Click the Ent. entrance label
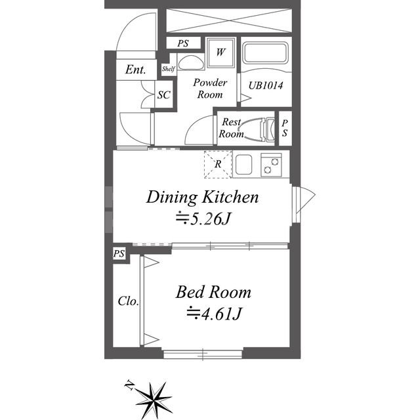(136, 70)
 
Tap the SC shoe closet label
(164, 94)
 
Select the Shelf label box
(169, 69)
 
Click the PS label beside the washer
(183, 43)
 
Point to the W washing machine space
(220, 52)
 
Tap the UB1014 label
(266, 86)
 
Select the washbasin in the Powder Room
(191, 63)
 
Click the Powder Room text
(210, 89)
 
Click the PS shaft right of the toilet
(285, 128)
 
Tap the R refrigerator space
(218, 164)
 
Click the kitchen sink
(243, 165)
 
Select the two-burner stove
(271, 165)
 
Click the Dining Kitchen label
(203, 198)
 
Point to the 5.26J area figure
(203, 219)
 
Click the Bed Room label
(213, 292)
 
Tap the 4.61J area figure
(215, 314)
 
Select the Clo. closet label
(129, 301)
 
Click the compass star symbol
(153, 400)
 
